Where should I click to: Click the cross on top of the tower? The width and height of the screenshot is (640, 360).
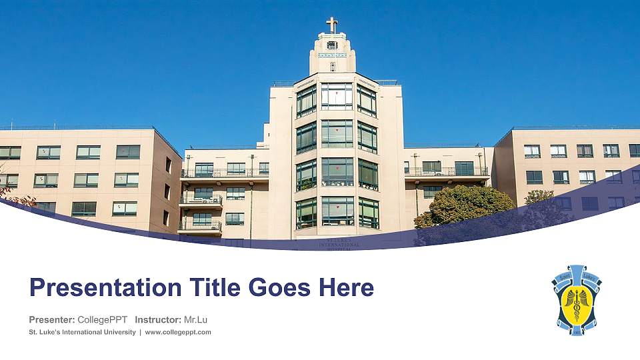point(332,25)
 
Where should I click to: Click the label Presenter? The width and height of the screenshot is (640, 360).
point(52,319)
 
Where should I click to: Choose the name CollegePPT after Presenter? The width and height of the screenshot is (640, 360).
point(103,319)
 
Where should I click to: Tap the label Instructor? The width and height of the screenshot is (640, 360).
point(158,319)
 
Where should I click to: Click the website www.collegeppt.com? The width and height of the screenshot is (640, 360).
point(178,332)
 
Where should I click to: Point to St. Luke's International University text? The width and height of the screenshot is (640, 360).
point(82,332)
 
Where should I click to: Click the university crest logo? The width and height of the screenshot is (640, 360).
point(577,299)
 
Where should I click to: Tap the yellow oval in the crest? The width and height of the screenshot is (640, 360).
point(577,304)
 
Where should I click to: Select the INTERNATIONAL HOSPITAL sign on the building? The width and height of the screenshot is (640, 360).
point(339,245)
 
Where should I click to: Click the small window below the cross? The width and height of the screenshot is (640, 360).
point(332,45)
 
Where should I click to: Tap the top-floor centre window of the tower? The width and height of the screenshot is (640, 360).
point(337,96)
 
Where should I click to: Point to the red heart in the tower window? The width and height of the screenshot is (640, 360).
point(338,168)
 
